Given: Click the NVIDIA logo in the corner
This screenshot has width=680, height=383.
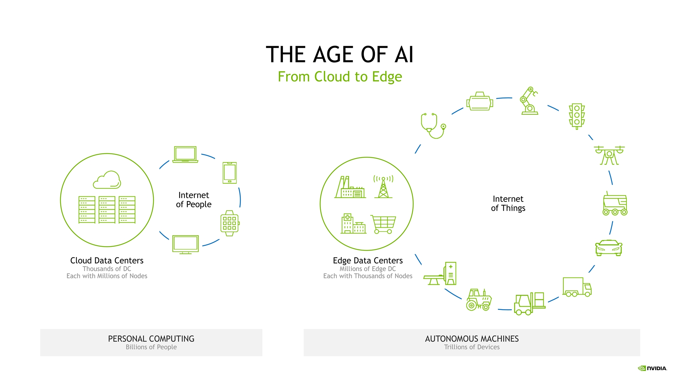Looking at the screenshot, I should tap(652, 368).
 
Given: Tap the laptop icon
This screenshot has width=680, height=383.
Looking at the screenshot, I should tap(185, 155).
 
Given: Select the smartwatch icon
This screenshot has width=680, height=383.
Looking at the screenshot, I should tap(230, 223).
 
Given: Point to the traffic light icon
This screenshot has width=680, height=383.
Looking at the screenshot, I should tap(577, 116).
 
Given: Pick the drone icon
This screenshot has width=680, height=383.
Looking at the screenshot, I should tap(609, 155).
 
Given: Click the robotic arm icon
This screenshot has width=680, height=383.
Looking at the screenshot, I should tap(529, 101).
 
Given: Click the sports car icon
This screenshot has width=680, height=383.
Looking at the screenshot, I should tap(608, 248).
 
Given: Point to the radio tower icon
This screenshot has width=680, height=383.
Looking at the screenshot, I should tap(383, 187).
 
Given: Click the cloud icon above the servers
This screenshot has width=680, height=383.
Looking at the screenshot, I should tap(107, 180).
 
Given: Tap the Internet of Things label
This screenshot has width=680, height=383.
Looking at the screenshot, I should tap(508, 204).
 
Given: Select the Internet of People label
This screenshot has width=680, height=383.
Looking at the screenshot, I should tap(194, 200).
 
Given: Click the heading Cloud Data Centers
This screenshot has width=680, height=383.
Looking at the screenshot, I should tap(107, 261).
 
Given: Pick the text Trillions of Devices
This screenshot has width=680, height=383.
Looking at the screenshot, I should tap(472, 347).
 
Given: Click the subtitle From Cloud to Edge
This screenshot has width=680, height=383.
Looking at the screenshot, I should tap(340, 77).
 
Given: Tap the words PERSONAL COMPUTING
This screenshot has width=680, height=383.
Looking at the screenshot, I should tap(151, 339).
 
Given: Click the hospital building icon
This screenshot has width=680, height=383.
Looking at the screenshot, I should tap(353, 224).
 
